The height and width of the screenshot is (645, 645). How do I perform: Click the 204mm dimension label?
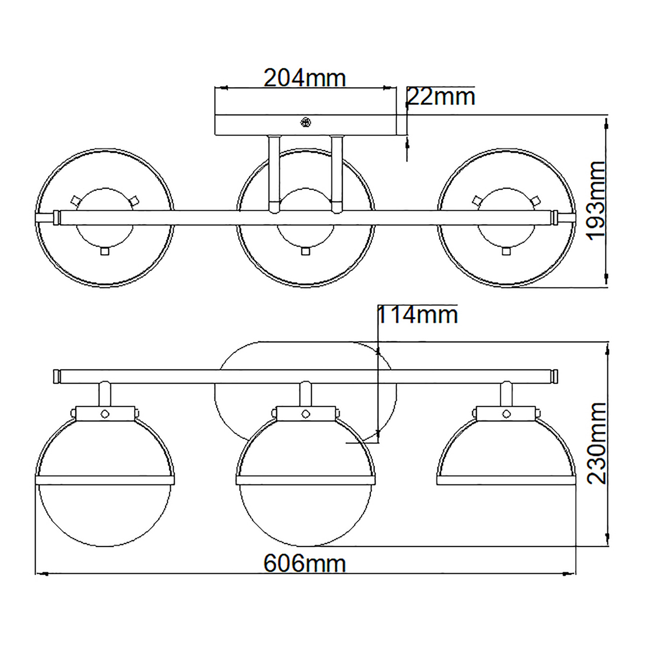pos(304,78)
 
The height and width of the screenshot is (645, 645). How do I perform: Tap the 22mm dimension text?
pos(441,97)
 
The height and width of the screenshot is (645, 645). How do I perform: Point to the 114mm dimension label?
pos(417,315)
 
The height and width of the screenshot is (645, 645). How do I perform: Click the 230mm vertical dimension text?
pos(597,443)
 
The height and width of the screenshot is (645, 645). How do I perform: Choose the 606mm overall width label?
pos(304,564)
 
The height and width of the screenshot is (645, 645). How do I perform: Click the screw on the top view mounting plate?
pos(306,123)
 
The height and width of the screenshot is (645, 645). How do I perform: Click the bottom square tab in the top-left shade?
pos(105,251)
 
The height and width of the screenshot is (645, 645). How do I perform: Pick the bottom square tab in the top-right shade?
pos(505,251)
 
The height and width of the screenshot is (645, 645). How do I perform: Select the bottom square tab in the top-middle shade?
pos(305,251)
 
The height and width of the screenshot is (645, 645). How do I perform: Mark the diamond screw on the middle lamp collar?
pos(305,413)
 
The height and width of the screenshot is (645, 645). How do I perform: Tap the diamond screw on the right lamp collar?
pos(506,413)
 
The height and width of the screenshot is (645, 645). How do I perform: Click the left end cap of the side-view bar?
pos(56,376)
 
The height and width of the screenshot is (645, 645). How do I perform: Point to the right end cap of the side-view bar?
pos(554,376)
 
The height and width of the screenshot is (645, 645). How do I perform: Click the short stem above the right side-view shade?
pos(506,394)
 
